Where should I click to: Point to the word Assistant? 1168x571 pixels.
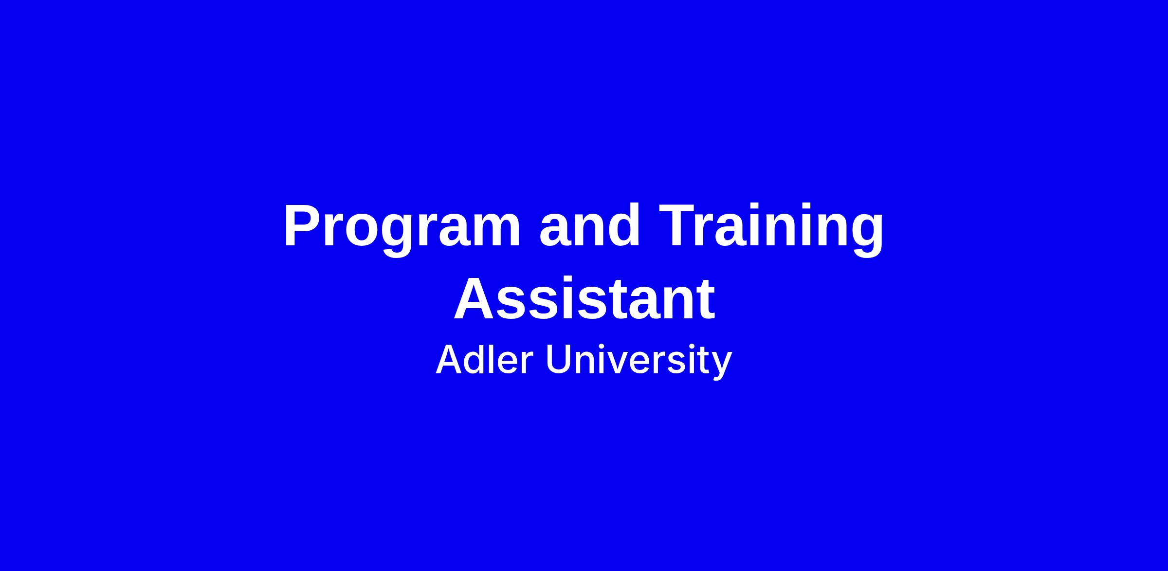pyautogui.click(x=584, y=298)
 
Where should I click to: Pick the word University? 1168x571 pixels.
pyautogui.click(x=639, y=361)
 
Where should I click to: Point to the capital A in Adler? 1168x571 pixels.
pyautogui.click(x=450, y=359)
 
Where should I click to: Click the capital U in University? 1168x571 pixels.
pyautogui.click(x=559, y=360)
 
